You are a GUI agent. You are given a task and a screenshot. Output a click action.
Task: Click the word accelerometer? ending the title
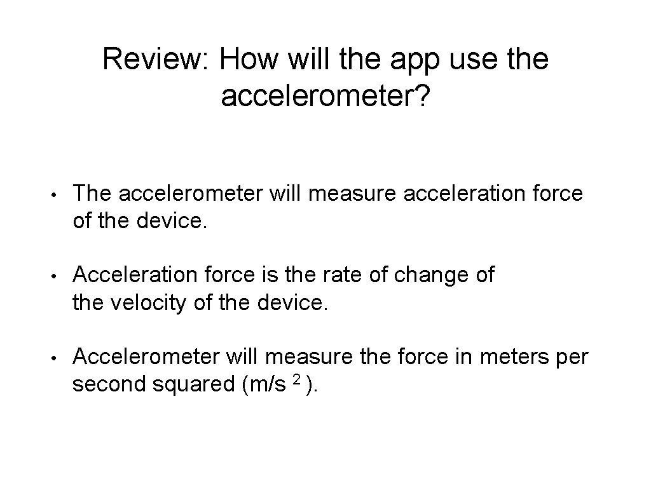pyautogui.click(x=325, y=97)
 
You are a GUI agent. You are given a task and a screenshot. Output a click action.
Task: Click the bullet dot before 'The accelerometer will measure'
pyautogui.click(x=57, y=194)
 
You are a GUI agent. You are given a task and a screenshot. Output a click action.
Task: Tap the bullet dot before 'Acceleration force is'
pyautogui.click(x=57, y=276)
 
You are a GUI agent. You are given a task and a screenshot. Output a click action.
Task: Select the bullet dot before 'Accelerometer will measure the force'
pyautogui.click(x=57, y=358)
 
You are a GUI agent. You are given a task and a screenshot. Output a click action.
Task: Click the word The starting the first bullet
pyautogui.click(x=93, y=193)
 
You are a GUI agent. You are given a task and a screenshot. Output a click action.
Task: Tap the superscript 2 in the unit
pyautogui.click(x=296, y=379)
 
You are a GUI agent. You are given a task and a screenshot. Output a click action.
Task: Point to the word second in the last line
pyautogui.click(x=109, y=385)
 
